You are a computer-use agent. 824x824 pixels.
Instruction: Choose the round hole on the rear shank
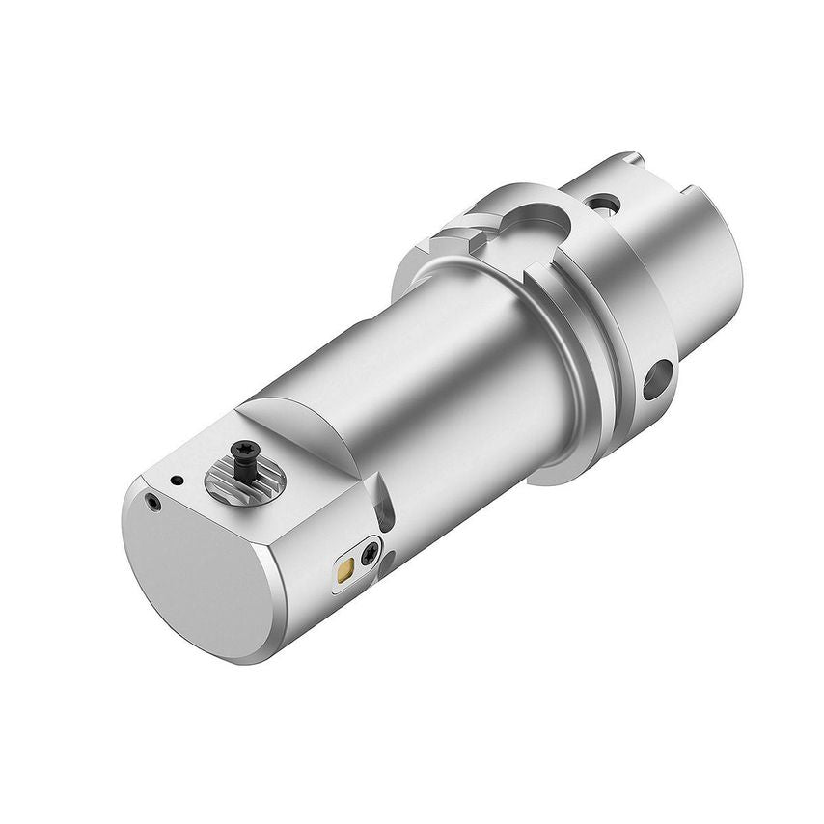[604, 204]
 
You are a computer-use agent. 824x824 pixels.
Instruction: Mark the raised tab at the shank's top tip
[628, 157]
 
